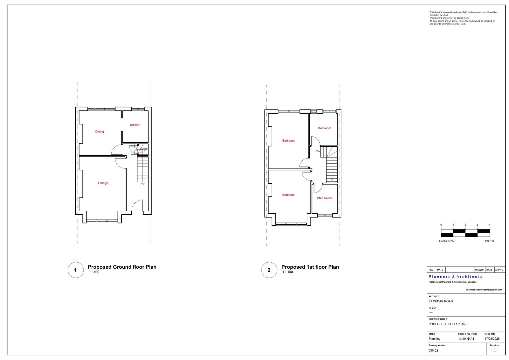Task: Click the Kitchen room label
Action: (135, 125)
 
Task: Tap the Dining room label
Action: (100, 131)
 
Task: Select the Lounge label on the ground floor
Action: (103, 183)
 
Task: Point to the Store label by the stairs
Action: (143, 149)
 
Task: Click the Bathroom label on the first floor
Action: (324, 128)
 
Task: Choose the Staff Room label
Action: (324, 198)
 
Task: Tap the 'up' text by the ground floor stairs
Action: (143, 184)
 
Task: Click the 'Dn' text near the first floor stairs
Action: (318, 151)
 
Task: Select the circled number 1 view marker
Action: (75, 270)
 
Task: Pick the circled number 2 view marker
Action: (269, 270)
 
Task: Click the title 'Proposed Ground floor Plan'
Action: (122, 267)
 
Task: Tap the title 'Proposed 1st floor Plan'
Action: (310, 267)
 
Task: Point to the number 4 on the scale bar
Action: (489, 225)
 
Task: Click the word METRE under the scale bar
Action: (490, 241)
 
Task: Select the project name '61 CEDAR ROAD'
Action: (441, 301)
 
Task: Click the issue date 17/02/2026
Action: (492, 339)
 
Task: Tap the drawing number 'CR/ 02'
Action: (433, 350)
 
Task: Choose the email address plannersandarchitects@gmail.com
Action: (484, 290)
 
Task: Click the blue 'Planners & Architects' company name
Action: (455, 277)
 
